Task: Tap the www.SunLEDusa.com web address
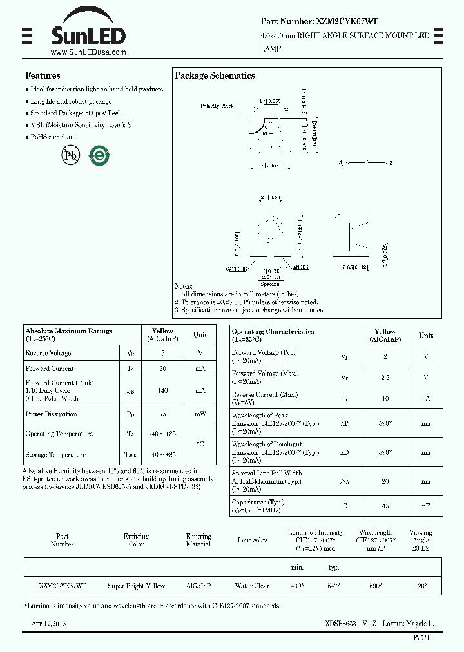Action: pos(88,52)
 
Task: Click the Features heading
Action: pos(43,75)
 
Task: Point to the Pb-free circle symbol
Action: pos(70,155)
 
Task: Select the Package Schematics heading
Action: pos(215,75)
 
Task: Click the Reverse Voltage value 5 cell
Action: pos(162,353)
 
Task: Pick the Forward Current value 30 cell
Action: pos(162,369)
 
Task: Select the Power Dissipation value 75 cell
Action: pos(162,414)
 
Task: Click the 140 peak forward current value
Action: pos(162,390)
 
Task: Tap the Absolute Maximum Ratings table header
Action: pos(69,334)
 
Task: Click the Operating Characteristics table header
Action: pos(273,335)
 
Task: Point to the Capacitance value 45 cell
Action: pos(385,506)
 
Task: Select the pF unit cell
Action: pos(425,506)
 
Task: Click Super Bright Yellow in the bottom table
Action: pos(136,586)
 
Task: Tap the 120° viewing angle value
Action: pos(420,586)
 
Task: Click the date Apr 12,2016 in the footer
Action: pos(48,624)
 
